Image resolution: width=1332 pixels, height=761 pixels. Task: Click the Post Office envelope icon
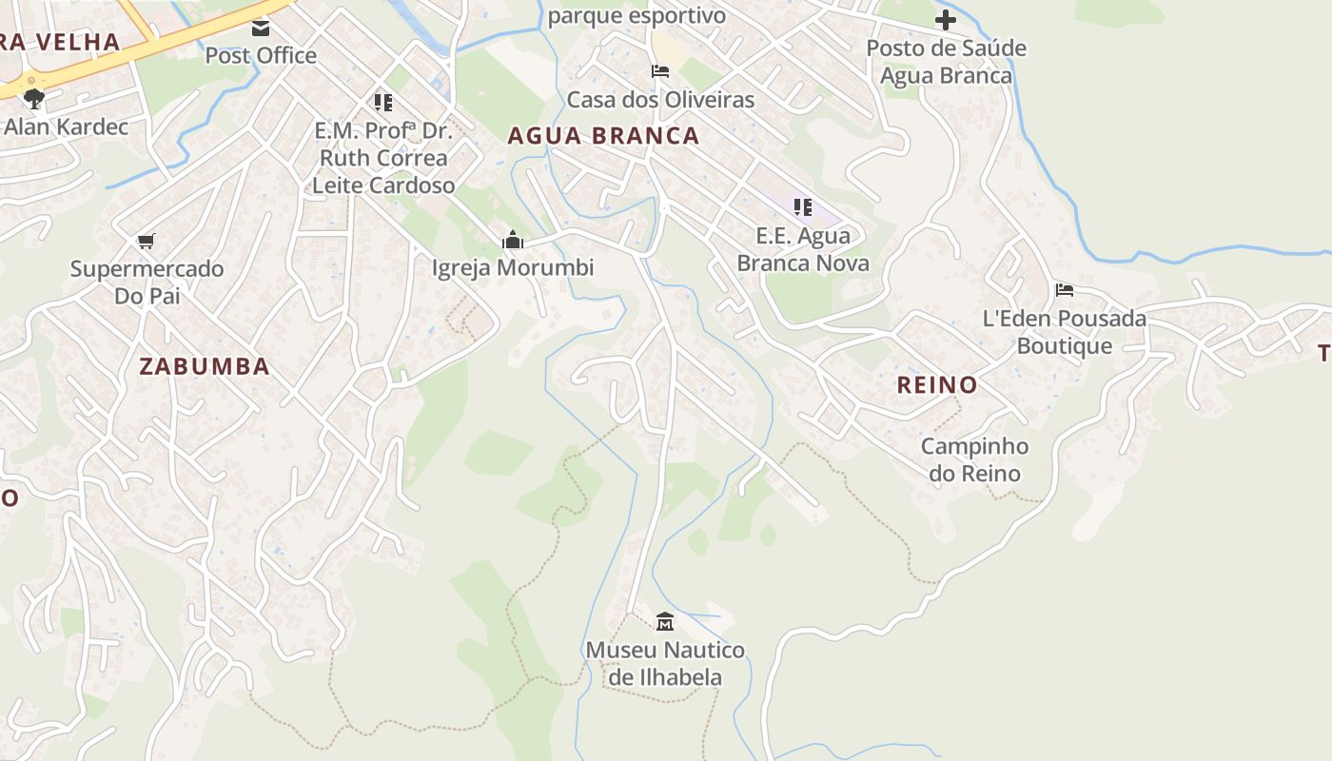(x=260, y=29)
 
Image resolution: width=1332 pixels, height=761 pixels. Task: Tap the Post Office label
(x=261, y=55)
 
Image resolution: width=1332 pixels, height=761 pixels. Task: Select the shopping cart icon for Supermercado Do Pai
(x=146, y=241)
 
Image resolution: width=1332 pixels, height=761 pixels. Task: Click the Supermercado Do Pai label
(x=147, y=282)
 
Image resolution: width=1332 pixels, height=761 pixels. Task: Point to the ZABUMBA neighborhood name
(x=205, y=366)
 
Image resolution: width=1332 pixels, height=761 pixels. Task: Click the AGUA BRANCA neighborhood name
(x=603, y=136)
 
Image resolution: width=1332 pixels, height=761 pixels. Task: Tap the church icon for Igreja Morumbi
(x=513, y=240)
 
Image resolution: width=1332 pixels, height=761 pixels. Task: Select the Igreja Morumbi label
(x=513, y=267)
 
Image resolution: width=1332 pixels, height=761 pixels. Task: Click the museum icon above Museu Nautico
(x=665, y=622)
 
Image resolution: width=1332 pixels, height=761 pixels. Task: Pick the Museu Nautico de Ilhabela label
(x=665, y=663)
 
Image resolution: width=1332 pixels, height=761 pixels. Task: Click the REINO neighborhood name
(x=937, y=385)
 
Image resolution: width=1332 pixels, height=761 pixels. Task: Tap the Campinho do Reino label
(x=974, y=459)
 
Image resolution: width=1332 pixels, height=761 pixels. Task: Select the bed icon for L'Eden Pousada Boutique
(x=1064, y=289)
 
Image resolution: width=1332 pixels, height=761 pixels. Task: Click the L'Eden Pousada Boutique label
(x=1064, y=331)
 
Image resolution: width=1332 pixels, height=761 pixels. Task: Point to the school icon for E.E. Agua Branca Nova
(x=802, y=206)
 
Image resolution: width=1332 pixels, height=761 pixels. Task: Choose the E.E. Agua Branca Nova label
(x=803, y=248)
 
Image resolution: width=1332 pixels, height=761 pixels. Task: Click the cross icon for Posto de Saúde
(x=945, y=19)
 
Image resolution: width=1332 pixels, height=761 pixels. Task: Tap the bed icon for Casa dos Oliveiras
(x=659, y=71)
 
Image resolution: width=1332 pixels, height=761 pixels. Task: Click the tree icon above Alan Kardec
(x=34, y=97)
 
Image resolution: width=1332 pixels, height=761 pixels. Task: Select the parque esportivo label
(x=637, y=15)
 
